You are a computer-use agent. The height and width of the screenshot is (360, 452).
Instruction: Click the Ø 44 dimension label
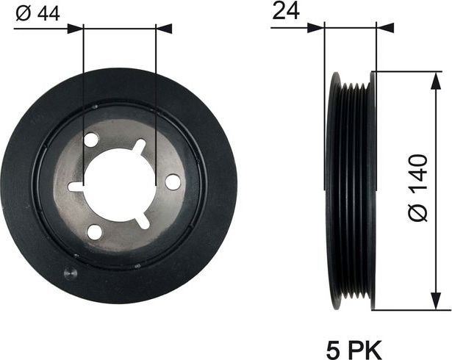coord(36,14)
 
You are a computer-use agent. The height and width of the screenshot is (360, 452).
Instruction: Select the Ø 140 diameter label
coord(417,189)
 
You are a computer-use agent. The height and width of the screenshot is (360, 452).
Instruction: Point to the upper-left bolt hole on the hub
coord(91,140)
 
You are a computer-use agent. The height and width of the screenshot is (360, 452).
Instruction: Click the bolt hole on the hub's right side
coord(173,181)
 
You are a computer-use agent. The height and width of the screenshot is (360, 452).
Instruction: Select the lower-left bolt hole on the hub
coord(95,232)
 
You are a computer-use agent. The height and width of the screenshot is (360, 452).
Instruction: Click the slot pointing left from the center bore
coord(76,187)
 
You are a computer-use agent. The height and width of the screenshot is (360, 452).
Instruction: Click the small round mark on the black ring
coord(70,274)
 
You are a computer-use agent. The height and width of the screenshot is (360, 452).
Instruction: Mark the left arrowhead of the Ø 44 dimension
coord(76,29)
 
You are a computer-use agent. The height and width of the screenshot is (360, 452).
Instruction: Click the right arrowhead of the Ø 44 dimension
coord(165,29)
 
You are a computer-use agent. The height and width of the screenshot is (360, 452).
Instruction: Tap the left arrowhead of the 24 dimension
coord(318,29)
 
